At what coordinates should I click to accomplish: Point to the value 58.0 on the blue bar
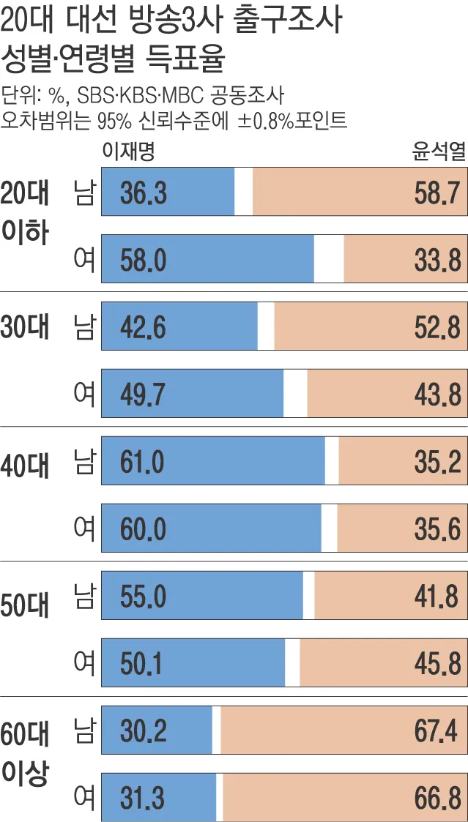(x=144, y=259)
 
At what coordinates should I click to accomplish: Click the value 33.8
(x=438, y=259)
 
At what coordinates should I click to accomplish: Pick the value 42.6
(x=144, y=326)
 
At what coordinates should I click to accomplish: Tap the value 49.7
(x=144, y=394)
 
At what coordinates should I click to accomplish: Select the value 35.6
(x=438, y=528)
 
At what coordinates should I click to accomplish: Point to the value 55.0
(x=144, y=597)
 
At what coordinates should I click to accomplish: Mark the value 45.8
(x=438, y=663)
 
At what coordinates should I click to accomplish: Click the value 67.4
(x=438, y=731)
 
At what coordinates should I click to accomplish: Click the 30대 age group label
(x=26, y=326)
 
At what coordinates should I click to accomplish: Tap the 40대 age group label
(x=26, y=463)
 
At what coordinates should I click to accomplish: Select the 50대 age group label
(x=26, y=597)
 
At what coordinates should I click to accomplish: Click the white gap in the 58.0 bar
(x=329, y=259)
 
